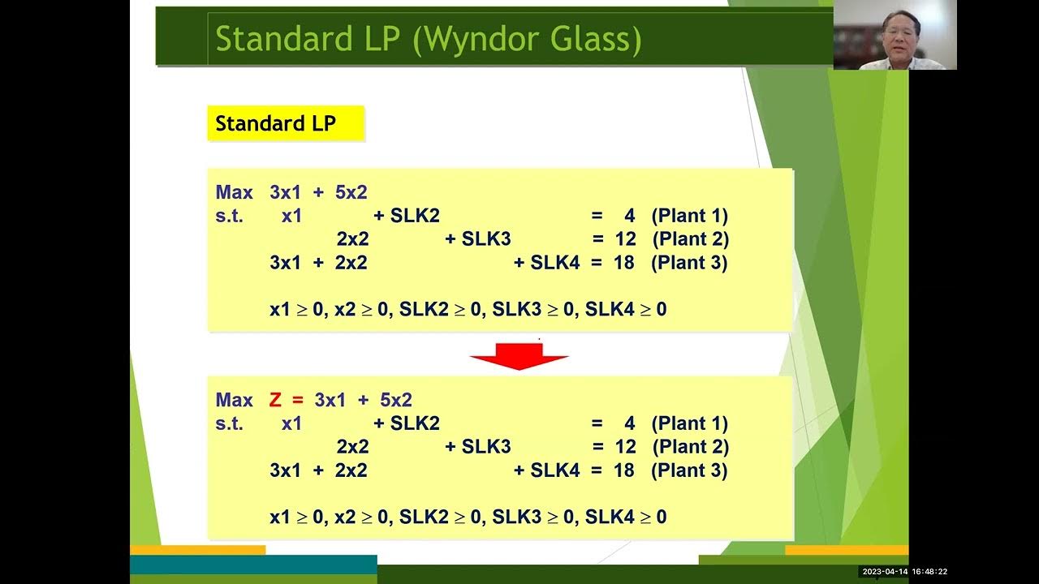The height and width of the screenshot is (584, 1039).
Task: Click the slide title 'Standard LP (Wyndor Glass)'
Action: [x=428, y=39]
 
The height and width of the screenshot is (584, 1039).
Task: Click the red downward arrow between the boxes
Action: [x=519, y=356]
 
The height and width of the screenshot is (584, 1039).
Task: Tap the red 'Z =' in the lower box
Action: [x=285, y=400]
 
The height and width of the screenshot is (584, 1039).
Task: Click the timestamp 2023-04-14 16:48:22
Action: [x=904, y=572]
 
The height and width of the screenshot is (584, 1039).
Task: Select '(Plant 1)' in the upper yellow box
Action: [x=689, y=216]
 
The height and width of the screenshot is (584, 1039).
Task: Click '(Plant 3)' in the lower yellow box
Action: [x=689, y=470]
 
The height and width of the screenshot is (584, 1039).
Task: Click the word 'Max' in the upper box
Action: [x=235, y=192]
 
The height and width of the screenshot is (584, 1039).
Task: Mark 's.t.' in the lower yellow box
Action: [x=230, y=423]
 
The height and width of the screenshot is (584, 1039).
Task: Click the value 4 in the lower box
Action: [x=629, y=423]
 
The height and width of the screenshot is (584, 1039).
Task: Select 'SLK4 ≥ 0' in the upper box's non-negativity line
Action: [x=626, y=309]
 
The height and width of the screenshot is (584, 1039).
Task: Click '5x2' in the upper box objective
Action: [x=351, y=192]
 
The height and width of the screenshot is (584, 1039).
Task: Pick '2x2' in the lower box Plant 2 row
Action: [x=352, y=447]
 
